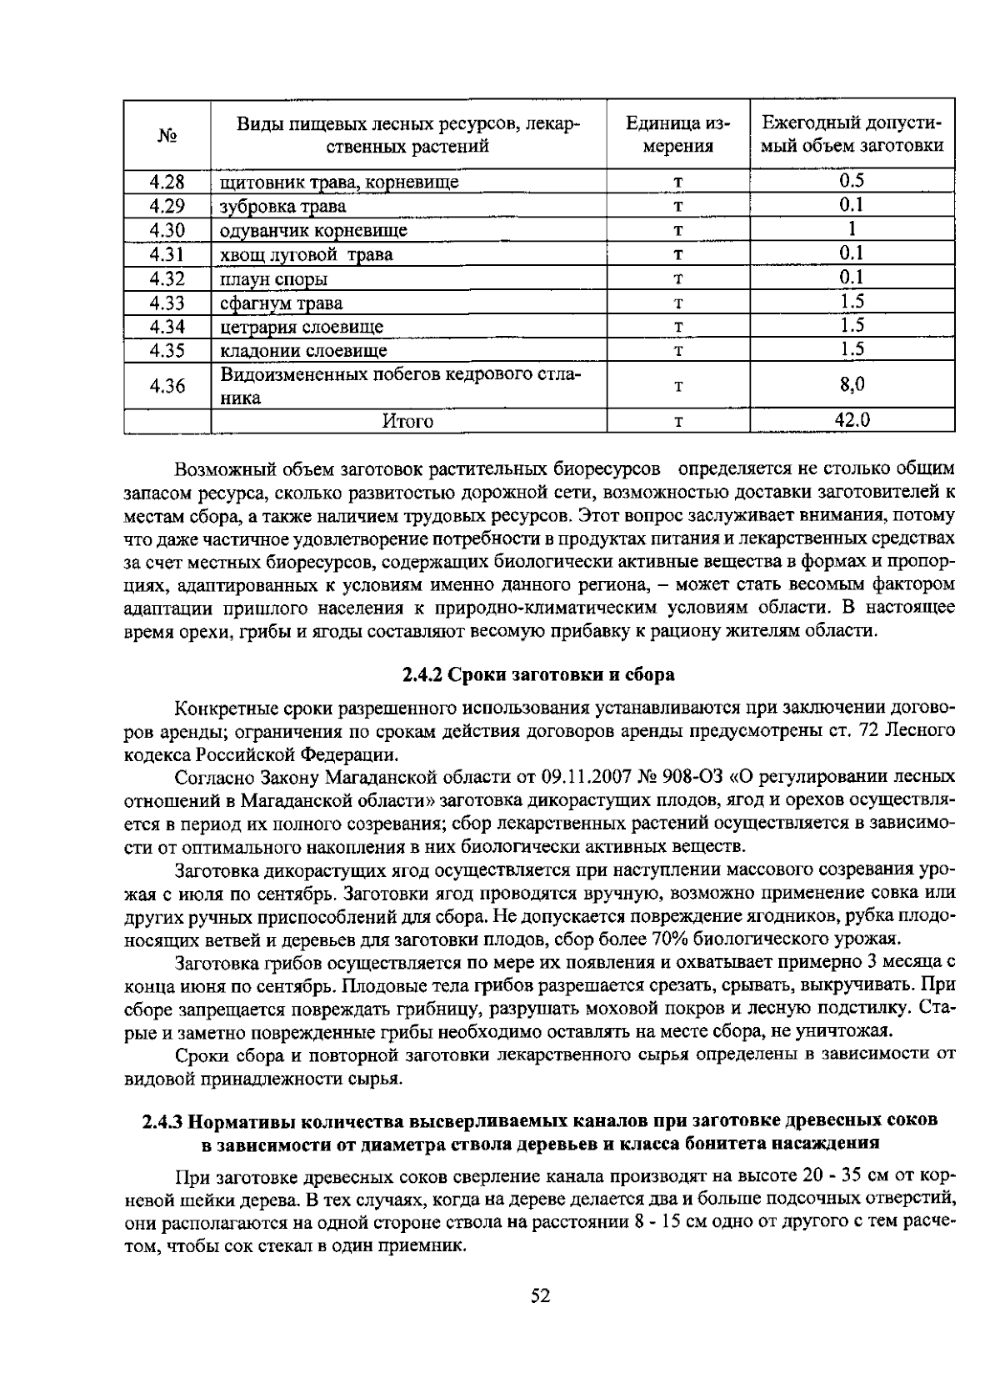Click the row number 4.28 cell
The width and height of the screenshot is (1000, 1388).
[167, 182]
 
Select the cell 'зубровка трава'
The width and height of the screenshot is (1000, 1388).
[282, 206]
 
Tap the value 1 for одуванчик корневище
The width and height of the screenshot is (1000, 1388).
[852, 229]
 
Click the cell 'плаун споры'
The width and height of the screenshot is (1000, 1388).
[273, 278]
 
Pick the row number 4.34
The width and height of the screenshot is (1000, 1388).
[167, 326]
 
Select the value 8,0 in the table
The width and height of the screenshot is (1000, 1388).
[852, 385]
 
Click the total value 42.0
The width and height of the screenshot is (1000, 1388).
[852, 421]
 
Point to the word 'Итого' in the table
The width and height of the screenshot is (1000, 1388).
[407, 422]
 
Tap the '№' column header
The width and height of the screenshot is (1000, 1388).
[167, 135]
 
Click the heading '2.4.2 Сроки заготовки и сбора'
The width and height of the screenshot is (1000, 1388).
[538, 674]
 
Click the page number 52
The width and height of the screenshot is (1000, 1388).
[540, 1296]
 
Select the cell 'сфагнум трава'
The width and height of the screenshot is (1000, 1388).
[281, 303]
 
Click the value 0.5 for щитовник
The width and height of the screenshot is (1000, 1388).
[852, 181]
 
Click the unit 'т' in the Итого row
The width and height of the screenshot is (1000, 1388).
[678, 422]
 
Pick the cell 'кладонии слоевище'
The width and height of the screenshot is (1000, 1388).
[303, 350]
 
